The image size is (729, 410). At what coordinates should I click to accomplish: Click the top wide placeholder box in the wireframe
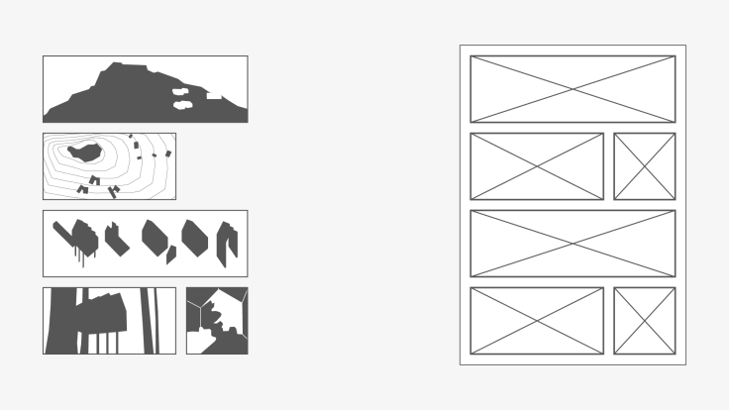click(x=573, y=89)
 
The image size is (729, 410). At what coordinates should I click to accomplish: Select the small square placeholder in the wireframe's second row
click(x=644, y=166)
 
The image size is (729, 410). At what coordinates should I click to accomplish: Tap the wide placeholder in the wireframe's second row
click(x=536, y=166)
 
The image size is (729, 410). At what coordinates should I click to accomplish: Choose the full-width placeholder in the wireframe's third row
click(x=573, y=244)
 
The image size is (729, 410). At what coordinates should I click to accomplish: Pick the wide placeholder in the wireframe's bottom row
click(x=536, y=321)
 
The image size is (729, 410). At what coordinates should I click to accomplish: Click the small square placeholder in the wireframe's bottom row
click(x=644, y=321)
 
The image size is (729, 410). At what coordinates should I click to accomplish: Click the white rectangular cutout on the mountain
click(x=214, y=96)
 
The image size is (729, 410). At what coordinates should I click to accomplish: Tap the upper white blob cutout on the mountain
click(x=181, y=92)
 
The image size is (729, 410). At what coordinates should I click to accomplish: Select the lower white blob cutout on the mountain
click(x=181, y=103)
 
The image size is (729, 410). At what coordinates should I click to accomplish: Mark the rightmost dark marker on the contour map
click(x=168, y=154)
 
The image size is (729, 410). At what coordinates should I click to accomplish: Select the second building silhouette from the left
click(x=116, y=239)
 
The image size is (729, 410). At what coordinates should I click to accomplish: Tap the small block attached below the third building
click(x=170, y=254)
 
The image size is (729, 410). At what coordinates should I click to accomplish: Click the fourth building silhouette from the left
click(x=195, y=238)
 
